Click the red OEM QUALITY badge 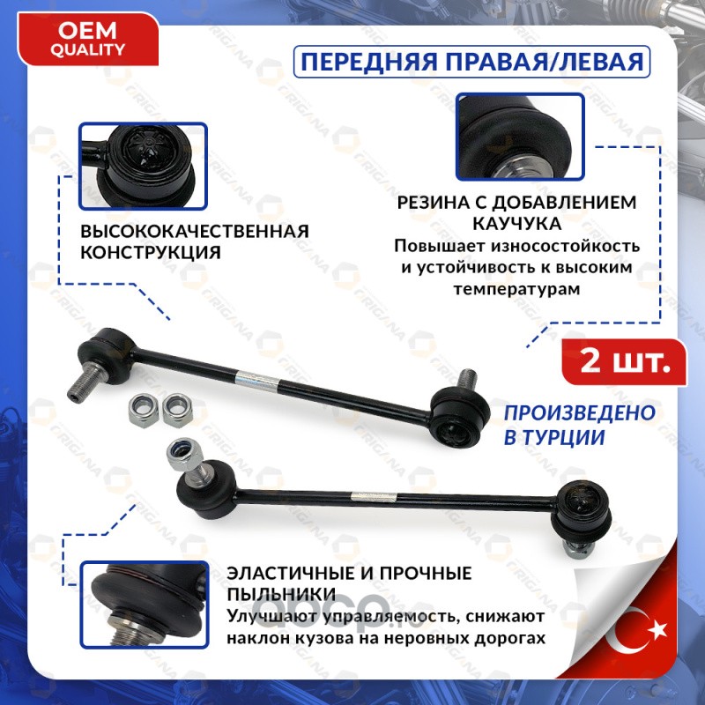click(88, 40)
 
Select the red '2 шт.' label click(625, 362)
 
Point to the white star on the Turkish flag click(657, 629)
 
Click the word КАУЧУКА click(517, 224)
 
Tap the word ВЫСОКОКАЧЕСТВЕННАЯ click(195, 231)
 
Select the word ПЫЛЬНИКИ click(281, 594)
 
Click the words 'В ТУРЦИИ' click(554, 437)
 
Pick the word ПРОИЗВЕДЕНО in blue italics click(580, 412)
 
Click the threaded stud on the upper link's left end click(85, 384)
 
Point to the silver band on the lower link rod click(374, 498)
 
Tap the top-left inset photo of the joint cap click(143, 167)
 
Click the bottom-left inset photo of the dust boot click(145, 605)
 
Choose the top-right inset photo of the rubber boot click(520, 137)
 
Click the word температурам click(517, 289)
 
